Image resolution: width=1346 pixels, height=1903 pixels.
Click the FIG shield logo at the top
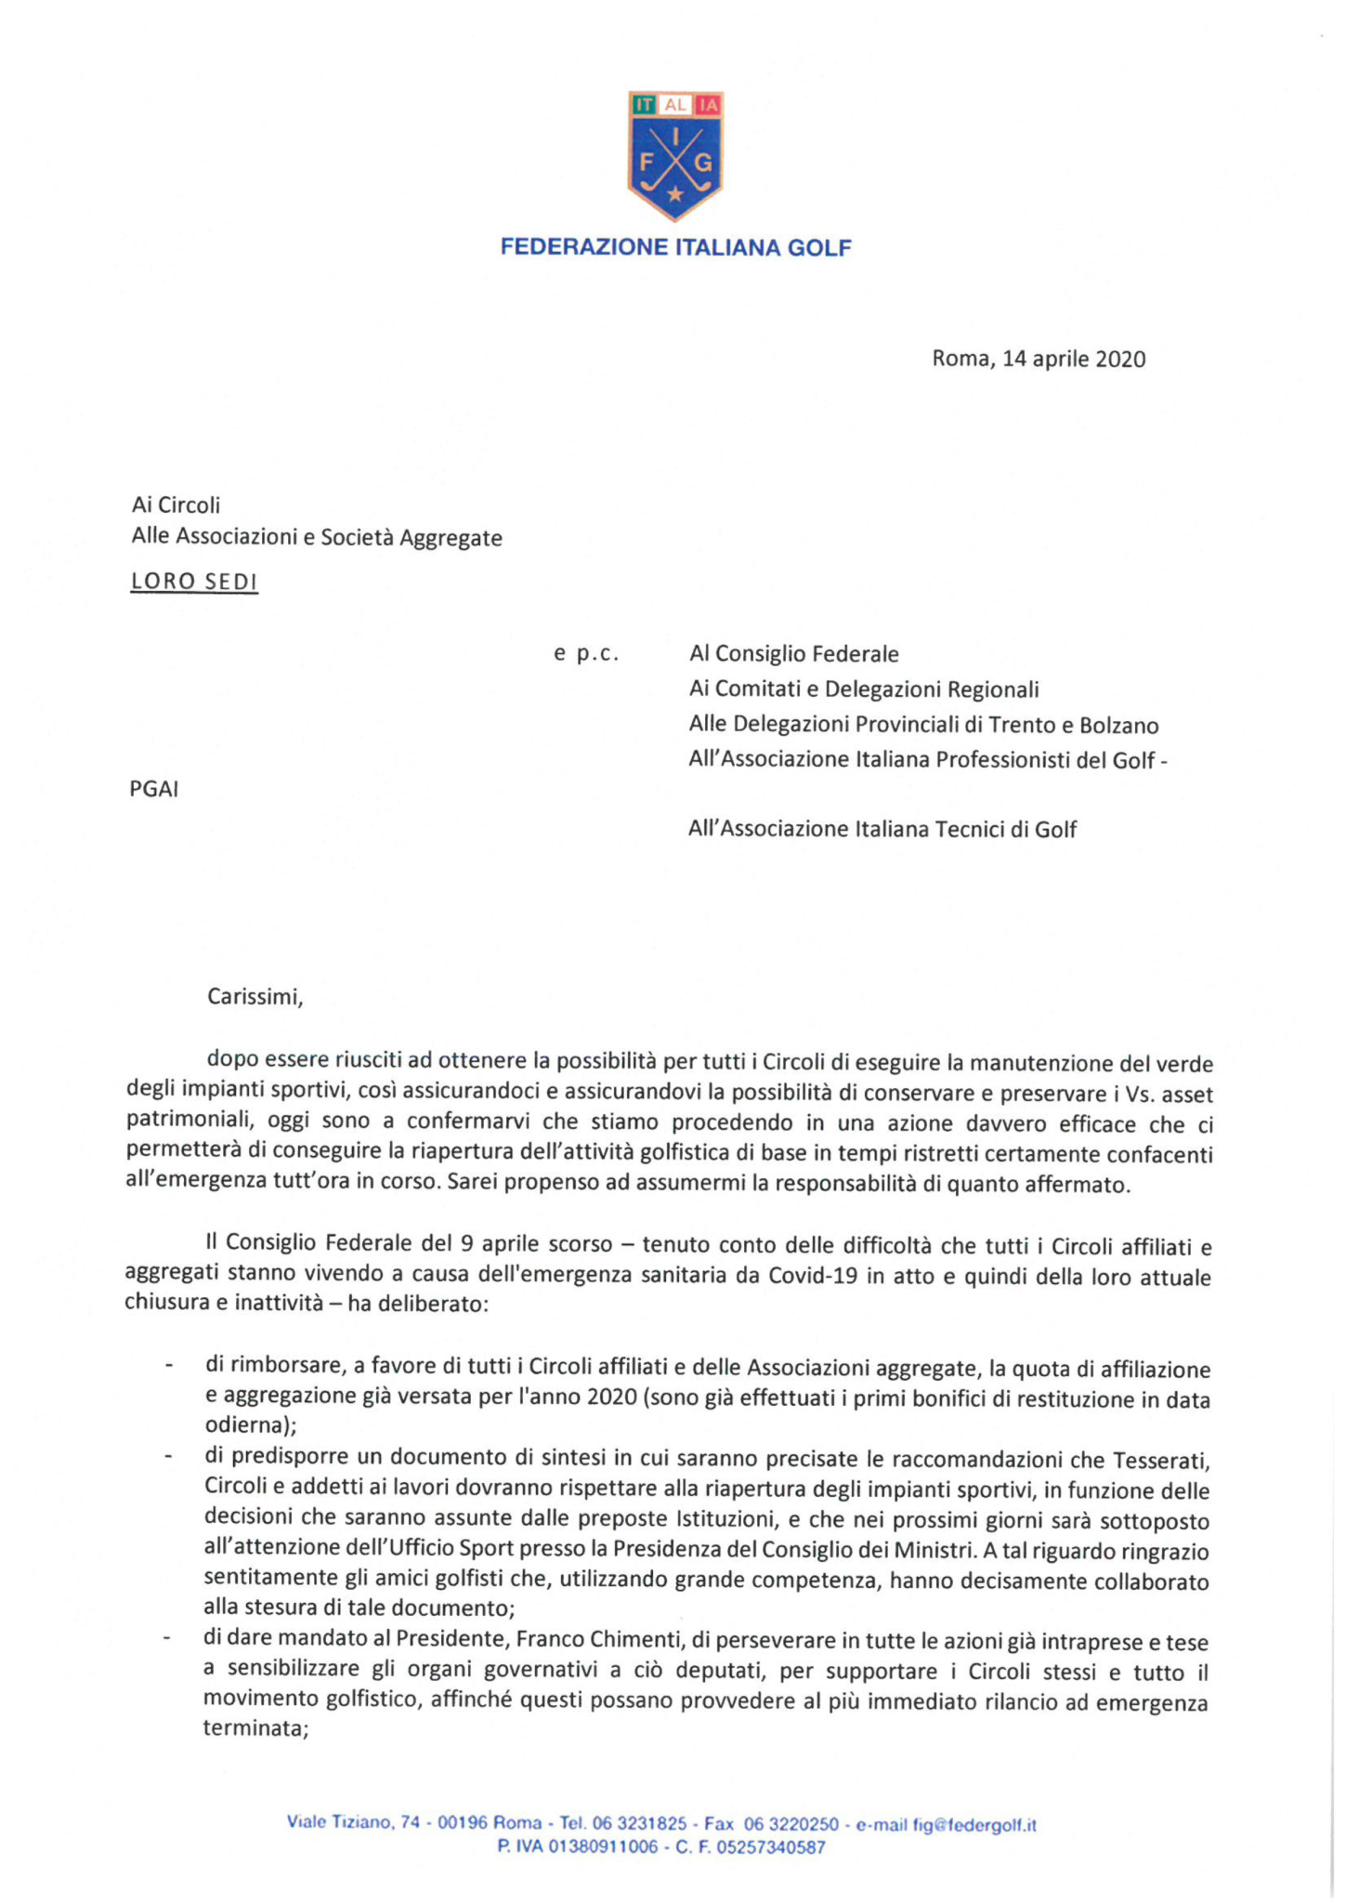coord(675,155)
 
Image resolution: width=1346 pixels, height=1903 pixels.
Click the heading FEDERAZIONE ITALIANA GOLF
coord(675,247)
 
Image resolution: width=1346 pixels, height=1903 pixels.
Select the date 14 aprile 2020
coord(1074,359)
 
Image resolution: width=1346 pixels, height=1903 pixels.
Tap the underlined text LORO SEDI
coord(194,582)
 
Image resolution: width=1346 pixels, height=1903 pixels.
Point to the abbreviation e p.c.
coord(586,654)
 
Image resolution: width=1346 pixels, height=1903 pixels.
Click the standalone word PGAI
coord(154,790)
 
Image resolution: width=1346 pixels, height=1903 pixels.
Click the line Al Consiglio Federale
coord(793,654)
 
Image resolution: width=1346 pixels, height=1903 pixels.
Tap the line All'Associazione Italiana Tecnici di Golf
coord(882,829)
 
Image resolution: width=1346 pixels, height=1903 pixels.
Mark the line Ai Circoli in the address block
coord(176,505)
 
